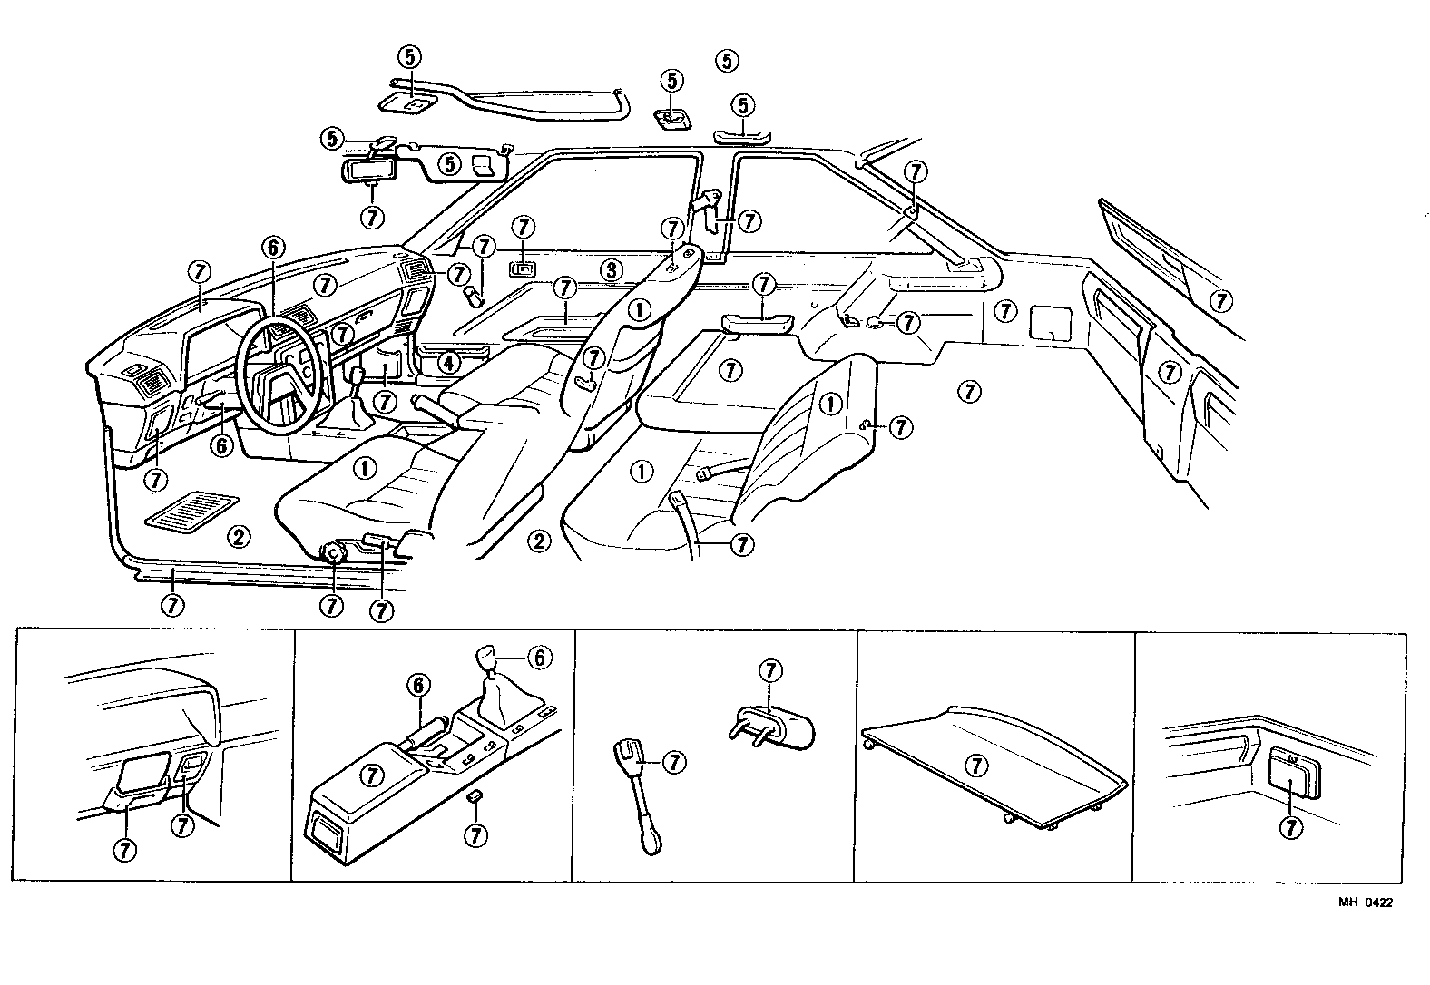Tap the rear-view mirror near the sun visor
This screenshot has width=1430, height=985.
pos(368,171)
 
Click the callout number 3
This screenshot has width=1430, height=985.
pos(611,269)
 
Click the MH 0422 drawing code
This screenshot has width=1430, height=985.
pos(1364,902)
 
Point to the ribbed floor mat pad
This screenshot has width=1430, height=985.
pos(192,511)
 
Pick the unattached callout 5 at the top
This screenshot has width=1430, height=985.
pos(727,61)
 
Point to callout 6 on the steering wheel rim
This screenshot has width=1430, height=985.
pos(273,246)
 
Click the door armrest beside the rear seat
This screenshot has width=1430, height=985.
pos(760,321)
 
